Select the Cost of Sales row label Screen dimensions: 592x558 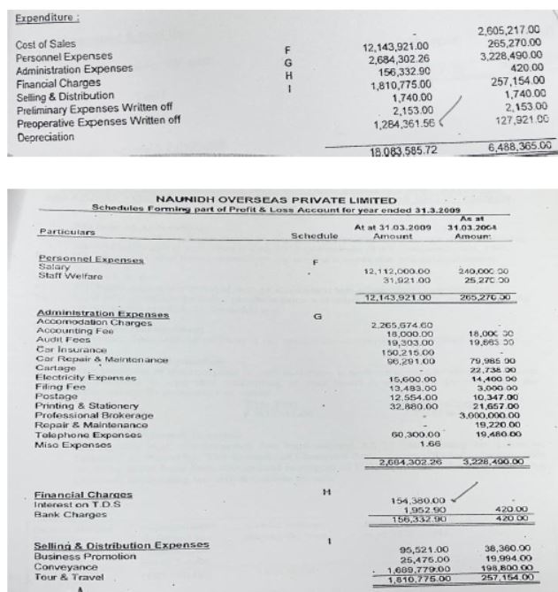click(43, 43)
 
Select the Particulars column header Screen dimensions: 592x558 click(67, 232)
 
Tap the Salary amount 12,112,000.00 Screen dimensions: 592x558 click(396, 271)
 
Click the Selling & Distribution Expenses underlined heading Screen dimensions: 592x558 click(121, 545)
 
